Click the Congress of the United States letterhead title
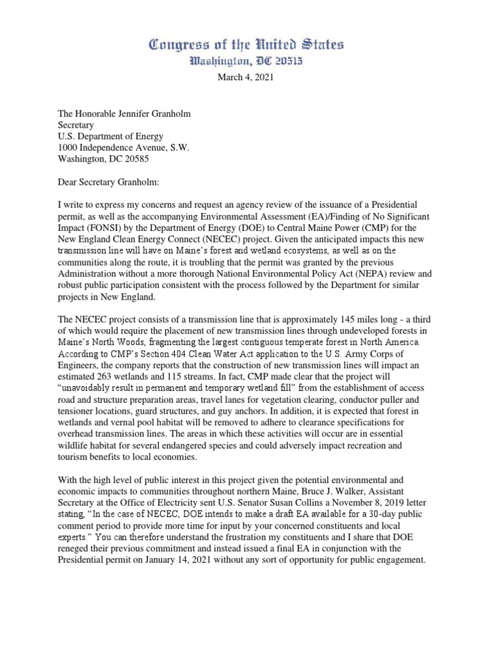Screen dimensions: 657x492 (246, 45)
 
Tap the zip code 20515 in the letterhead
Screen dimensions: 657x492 (286, 62)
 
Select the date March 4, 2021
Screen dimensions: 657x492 (245, 78)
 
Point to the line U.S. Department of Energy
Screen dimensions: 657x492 (110, 136)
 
